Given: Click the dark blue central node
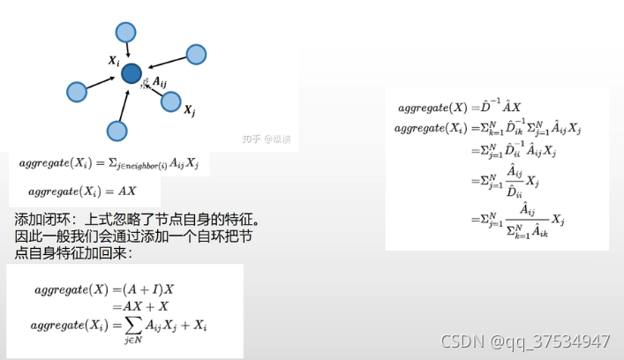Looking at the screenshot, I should tap(132, 74).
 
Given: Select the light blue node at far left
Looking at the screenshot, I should tap(77, 91).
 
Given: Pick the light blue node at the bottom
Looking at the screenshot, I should tap(117, 131).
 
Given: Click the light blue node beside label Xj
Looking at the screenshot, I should tap(171, 101).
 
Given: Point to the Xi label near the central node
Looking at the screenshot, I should tap(114, 61).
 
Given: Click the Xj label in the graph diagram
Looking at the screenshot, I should tap(189, 110).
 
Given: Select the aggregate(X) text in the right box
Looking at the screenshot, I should tap(432, 108).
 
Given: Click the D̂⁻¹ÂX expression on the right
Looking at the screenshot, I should tap(502, 107).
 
